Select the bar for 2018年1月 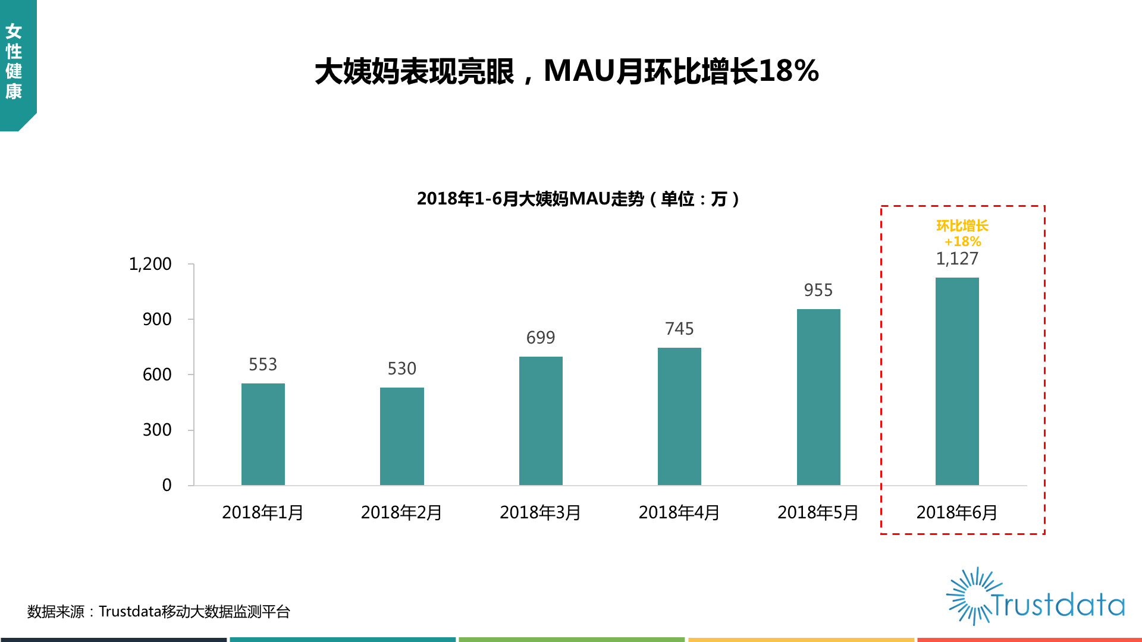(x=263, y=434)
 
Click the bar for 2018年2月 (x=402, y=436)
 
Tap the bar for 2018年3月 (x=541, y=421)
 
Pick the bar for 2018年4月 (x=679, y=416)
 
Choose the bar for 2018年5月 (x=818, y=397)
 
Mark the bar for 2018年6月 (x=957, y=381)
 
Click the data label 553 (x=263, y=364)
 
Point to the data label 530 (x=402, y=369)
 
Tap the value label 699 (x=541, y=338)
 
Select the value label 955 (x=818, y=290)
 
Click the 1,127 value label (x=957, y=259)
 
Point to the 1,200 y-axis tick (x=150, y=264)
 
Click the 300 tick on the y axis (x=157, y=430)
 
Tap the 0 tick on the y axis (x=167, y=485)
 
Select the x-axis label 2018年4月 (x=679, y=512)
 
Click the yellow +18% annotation (x=963, y=241)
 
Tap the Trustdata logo (x=1035, y=596)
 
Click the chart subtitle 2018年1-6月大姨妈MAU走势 (x=531, y=199)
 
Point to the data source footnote (x=159, y=612)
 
